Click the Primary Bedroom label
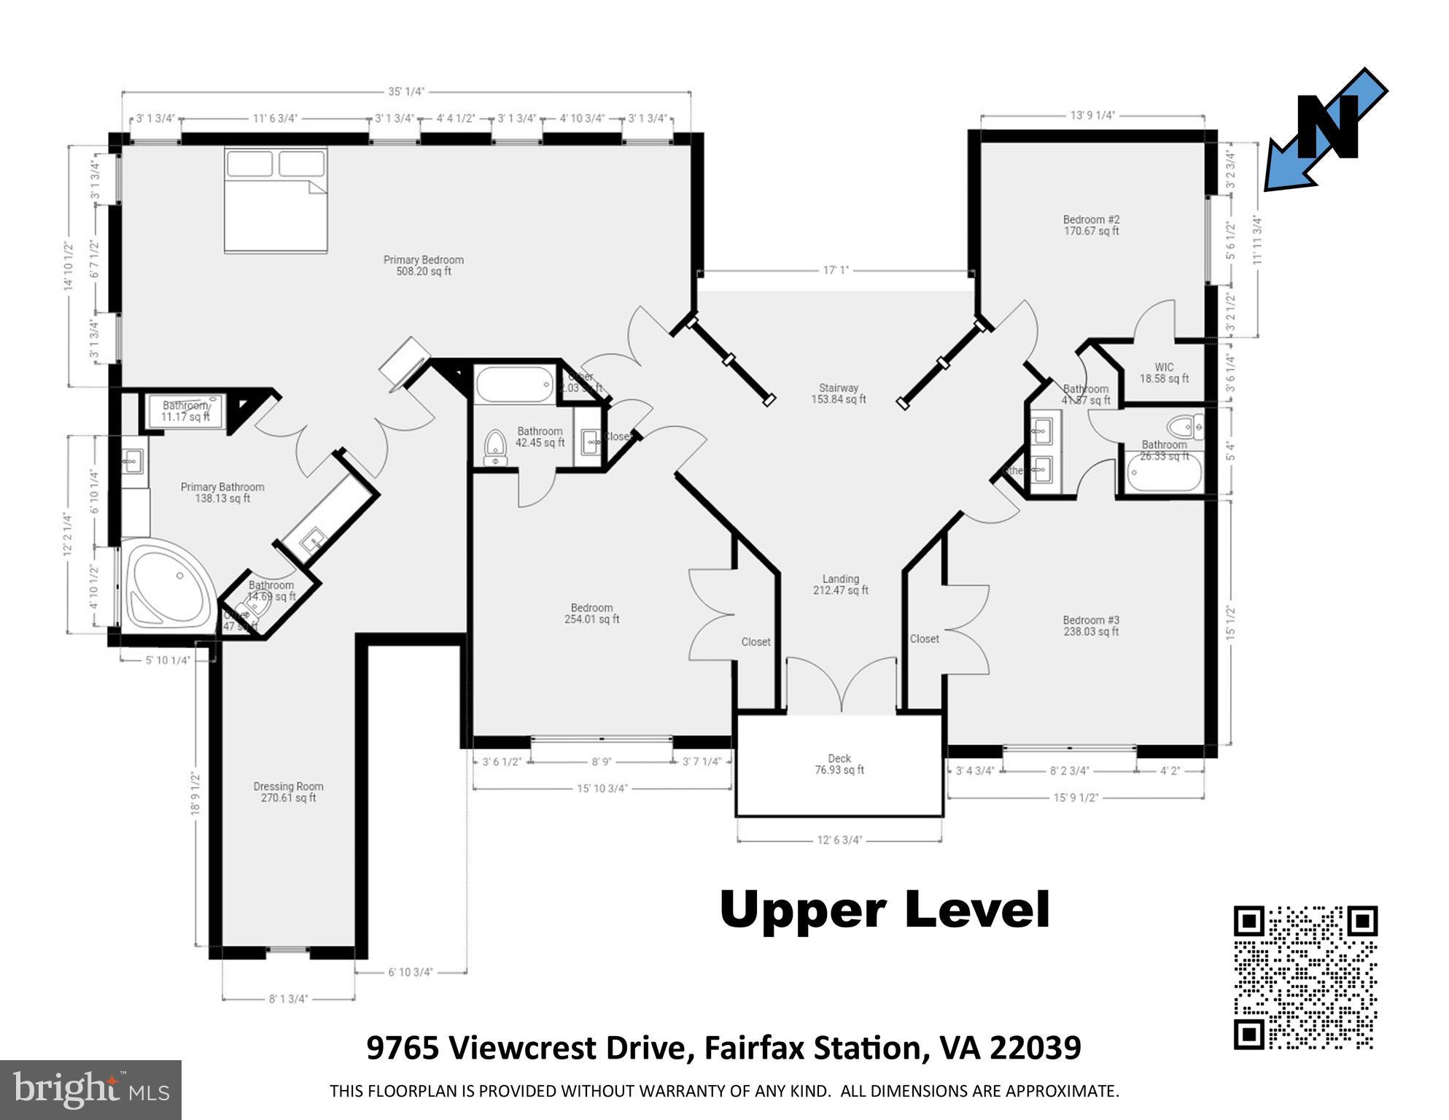tap(423, 265)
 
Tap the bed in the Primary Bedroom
tap(276, 201)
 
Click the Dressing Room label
tap(288, 792)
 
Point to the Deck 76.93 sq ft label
tap(839, 764)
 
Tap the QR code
tap(1305, 977)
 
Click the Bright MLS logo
tap(90, 1089)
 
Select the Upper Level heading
tap(884, 910)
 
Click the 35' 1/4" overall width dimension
tap(406, 92)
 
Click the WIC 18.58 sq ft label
tap(1164, 373)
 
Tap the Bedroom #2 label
tap(1091, 225)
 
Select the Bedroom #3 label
tap(1091, 626)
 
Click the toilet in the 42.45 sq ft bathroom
tap(496, 447)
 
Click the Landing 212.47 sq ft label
tap(840, 584)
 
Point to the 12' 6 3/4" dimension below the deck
tap(839, 840)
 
